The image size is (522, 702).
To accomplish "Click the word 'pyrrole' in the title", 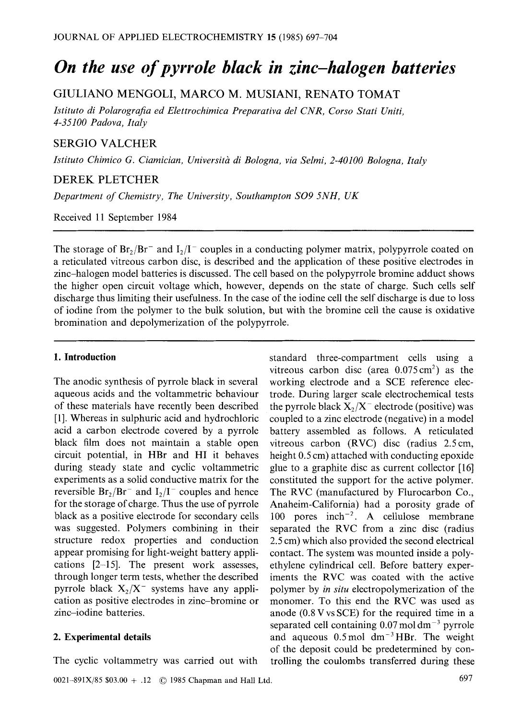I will tap(226, 68).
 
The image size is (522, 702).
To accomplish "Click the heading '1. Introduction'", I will tap(84, 357).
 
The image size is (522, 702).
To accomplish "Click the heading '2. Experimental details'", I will tap(102, 637).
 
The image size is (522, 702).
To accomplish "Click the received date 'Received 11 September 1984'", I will tap(115, 217).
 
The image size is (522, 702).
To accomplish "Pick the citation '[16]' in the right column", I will tap(466, 468).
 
